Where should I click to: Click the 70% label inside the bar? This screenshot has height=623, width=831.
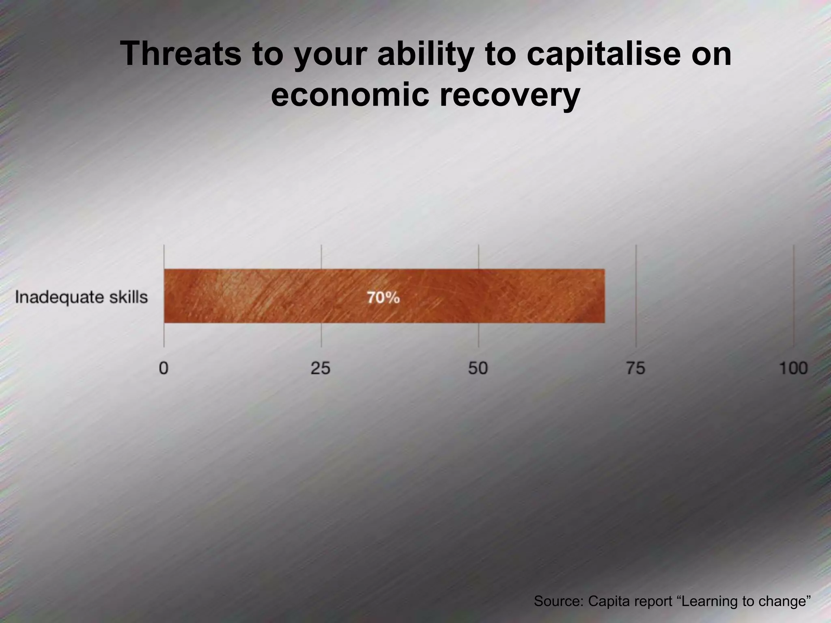(383, 298)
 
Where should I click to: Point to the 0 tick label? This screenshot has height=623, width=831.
(164, 368)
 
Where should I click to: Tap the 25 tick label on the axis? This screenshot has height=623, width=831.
(321, 368)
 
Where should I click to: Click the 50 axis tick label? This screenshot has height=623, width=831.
(478, 368)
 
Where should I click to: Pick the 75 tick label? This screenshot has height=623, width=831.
(635, 368)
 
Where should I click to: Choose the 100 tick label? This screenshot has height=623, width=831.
(793, 368)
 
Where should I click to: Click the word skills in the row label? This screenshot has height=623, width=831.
(129, 297)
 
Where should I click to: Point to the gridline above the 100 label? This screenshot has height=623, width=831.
(793, 296)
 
